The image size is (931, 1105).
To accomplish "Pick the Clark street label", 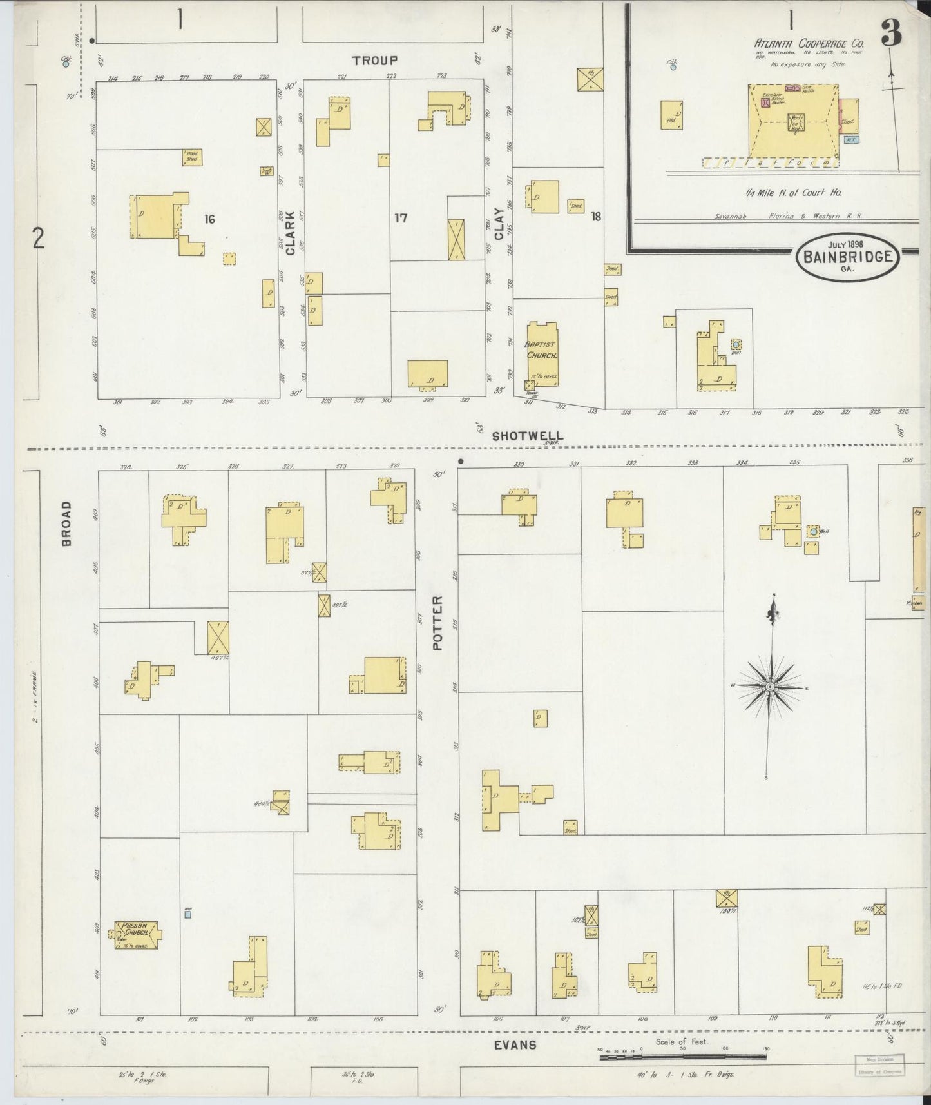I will tap(290, 233).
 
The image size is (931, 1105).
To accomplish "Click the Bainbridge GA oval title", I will tap(847, 256).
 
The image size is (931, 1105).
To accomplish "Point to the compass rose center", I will tap(769, 687).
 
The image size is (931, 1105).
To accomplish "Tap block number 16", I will tap(209, 219).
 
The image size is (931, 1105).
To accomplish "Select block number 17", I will tap(400, 219).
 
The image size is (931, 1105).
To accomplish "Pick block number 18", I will tap(595, 217).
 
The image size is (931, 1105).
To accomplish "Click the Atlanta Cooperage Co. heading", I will tap(809, 43).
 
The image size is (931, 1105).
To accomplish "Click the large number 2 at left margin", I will tap(39, 239).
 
